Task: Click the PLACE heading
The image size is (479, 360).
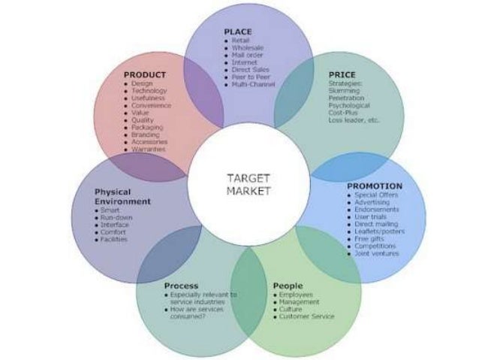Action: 238,32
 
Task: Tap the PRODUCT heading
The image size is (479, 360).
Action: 144,75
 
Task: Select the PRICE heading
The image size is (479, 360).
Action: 342,74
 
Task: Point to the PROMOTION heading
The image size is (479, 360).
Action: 374,186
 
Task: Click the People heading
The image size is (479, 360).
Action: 288,286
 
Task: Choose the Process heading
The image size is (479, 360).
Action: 181,286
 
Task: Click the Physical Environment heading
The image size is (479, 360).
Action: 122,197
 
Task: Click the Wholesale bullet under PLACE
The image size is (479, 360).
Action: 249,47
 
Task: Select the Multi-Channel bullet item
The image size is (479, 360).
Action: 254,84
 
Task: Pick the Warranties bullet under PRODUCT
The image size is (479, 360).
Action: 149,149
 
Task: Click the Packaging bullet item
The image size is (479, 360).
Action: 149,127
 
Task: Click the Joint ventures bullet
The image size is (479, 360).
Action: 377,253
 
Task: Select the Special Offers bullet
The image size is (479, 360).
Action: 376,194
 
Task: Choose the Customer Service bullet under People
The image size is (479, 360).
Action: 306,316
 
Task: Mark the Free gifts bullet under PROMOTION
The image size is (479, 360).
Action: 370,238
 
